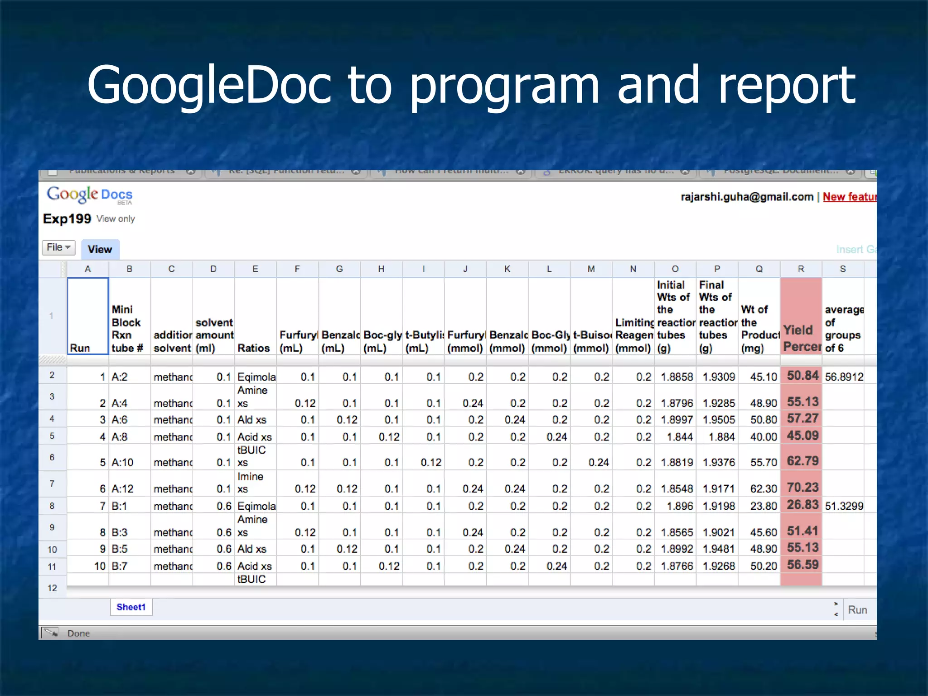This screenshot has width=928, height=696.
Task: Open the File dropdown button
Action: click(x=58, y=247)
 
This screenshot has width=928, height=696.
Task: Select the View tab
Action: click(x=100, y=249)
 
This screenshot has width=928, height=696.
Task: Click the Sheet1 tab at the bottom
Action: click(x=131, y=607)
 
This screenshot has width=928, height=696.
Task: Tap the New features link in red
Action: click(x=849, y=197)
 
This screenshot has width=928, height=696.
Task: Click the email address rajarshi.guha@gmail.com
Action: click(x=747, y=197)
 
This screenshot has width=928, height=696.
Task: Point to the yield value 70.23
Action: click(x=802, y=488)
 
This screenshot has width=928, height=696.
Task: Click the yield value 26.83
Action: click(x=802, y=505)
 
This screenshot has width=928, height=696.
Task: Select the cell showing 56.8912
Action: click(x=844, y=377)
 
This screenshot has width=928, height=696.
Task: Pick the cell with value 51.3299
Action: click(x=844, y=506)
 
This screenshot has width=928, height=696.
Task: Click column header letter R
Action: click(x=801, y=269)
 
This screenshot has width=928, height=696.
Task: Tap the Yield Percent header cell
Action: click(x=801, y=338)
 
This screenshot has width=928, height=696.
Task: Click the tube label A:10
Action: click(x=123, y=463)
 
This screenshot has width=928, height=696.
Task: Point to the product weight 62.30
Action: click(x=764, y=489)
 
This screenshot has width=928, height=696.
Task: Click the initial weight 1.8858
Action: click(x=677, y=377)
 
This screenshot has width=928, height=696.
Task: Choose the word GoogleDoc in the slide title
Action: click(x=208, y=85)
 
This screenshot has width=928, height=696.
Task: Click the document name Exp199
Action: click(x=67, y=219)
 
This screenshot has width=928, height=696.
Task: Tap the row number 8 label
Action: click(x=52, y=506)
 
